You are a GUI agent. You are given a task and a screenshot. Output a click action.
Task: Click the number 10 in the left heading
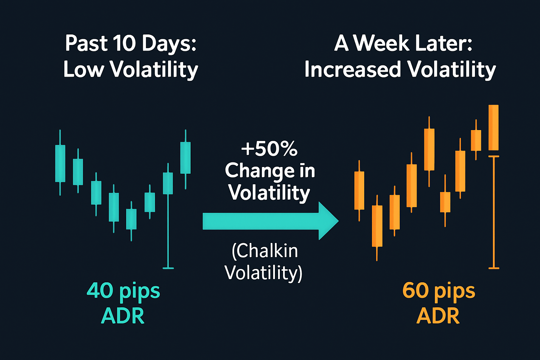[x=124, y=44]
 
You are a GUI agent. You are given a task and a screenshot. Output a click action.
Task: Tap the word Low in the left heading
[x=84, y=69]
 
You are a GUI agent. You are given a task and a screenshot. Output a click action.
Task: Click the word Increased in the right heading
[x=353, y=69]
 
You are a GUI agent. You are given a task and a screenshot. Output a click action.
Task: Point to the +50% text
[x=269, y=149]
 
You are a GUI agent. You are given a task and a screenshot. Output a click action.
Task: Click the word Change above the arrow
[x=260, y=171]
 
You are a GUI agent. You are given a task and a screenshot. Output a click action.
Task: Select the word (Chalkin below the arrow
[x=265, y=251]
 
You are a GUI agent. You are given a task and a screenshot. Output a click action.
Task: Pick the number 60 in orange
[x=416, y=290]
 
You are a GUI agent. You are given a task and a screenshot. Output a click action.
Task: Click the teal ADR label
[x=123, y=316]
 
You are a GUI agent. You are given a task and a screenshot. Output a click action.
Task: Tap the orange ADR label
[x=438, y=316]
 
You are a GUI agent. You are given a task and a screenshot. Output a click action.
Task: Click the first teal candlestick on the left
[x=60, y=163]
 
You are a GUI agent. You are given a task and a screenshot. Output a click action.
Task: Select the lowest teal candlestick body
[x=131, y=219]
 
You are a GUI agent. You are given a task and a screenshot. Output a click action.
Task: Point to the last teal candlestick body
[x=185, y=157]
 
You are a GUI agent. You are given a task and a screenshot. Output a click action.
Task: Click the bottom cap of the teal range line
[x=168, y=268]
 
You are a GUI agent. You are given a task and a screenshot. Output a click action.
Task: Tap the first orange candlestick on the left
[x=359, y=191]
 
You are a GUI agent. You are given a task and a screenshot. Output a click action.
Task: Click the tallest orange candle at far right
[x=494, y=128]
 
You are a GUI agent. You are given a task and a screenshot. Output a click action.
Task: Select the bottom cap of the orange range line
[x=494, y=268]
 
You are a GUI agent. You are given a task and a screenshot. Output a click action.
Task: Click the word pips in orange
[x=455, y=291]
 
